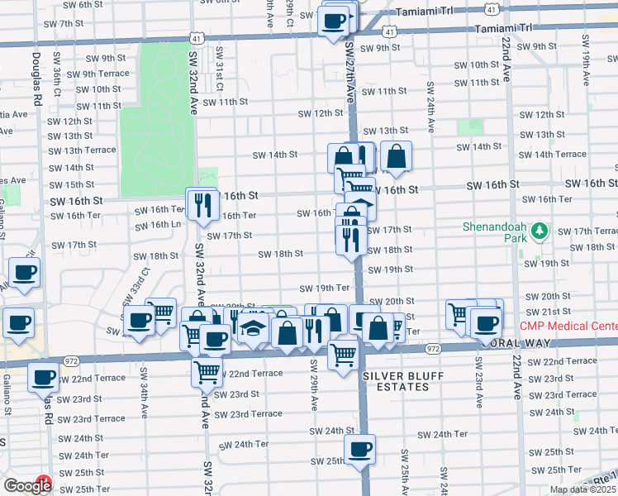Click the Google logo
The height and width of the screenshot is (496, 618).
26,485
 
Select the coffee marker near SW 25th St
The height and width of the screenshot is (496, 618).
359,450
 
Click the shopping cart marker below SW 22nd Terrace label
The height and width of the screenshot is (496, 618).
207,371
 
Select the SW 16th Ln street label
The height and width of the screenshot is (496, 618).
159,224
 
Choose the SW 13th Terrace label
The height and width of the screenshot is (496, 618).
82,150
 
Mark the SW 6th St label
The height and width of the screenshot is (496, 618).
84,4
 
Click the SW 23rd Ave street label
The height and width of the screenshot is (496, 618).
478,383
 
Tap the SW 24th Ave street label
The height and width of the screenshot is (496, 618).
430,107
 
